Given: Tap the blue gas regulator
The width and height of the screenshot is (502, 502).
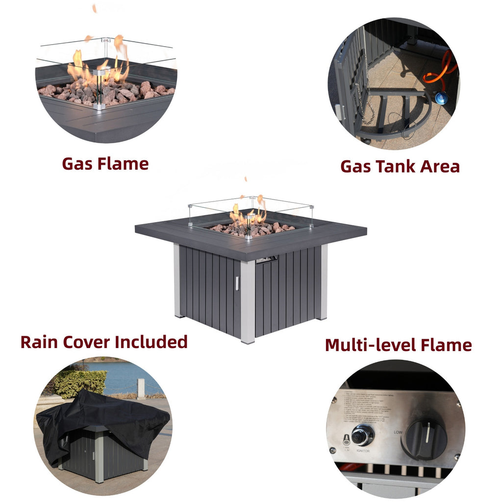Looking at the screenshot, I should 441,98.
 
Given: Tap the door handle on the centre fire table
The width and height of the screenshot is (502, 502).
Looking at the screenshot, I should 236,283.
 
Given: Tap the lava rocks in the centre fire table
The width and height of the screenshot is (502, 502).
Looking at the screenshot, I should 252,228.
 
